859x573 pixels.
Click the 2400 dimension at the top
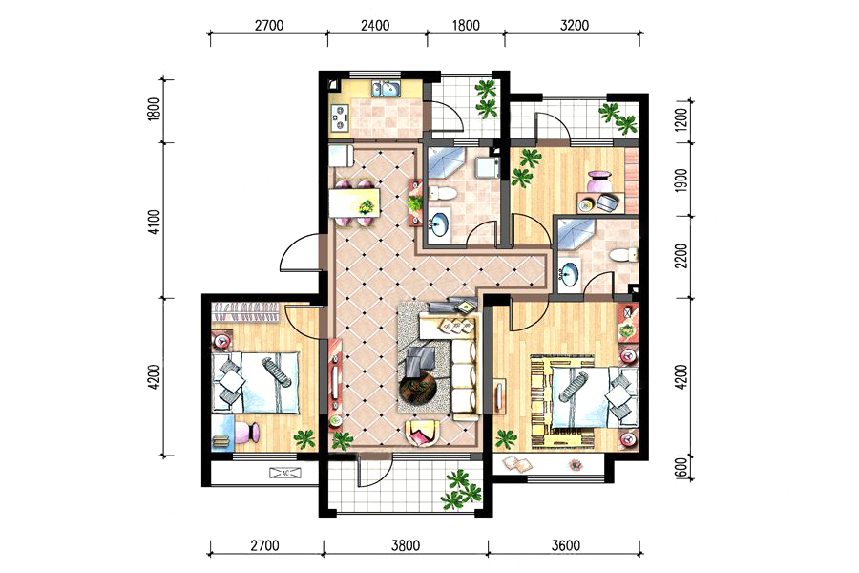(x=375, y=25)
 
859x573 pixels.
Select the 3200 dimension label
(x=575, y=25)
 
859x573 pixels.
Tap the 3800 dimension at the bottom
(x=406, y=545)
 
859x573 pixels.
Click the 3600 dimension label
(x=565, y=545)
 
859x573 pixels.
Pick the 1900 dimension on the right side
(x=681, y=180)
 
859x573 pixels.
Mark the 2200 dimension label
(x=681, y=256)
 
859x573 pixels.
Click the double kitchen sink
(x=387, y=88)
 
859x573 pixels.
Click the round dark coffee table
(x=418, y=389)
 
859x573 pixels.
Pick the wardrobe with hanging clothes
(x=246, y=314)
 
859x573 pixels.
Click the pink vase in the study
(x=597, y=181)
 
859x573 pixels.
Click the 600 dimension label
(x=681, y=469)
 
